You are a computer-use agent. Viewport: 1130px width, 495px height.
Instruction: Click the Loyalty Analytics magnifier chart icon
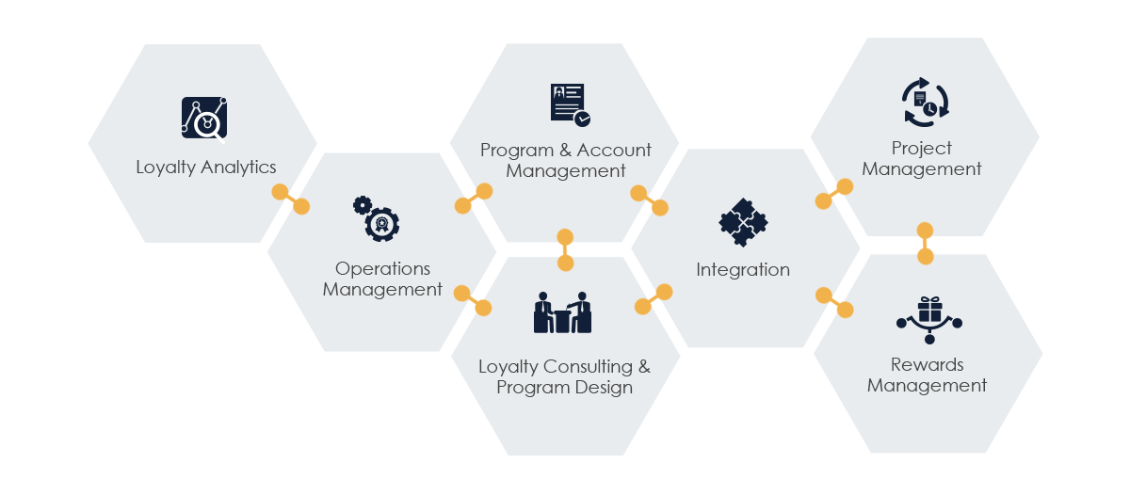click(204, 118)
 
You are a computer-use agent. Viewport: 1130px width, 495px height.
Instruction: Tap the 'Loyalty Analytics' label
click(206, 168)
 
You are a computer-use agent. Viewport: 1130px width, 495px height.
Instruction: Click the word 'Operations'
click(382, 269)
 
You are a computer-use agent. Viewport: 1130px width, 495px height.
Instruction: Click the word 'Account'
click(614, 151)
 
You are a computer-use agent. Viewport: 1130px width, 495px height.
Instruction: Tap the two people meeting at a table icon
click(562, 312)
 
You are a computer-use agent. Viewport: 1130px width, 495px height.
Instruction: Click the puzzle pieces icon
click(743, 223)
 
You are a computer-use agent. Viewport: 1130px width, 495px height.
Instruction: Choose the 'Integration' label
click(743, 270)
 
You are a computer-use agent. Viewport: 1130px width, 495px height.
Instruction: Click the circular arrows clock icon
click(925, 103)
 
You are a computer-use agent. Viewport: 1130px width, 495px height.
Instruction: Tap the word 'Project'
click(922, 149)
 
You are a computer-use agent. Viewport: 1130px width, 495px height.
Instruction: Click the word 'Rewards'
click(928, 365)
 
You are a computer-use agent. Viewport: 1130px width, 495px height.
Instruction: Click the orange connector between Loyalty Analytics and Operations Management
click(291, 199)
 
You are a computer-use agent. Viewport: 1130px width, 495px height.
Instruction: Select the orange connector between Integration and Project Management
click(833, 194)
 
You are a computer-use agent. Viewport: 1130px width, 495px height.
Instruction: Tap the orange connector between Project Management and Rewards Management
click(925, 243)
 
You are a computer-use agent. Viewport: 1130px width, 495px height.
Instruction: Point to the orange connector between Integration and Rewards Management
click(834, 302)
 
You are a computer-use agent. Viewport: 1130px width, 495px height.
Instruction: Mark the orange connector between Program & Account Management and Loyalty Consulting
click(565, 249)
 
